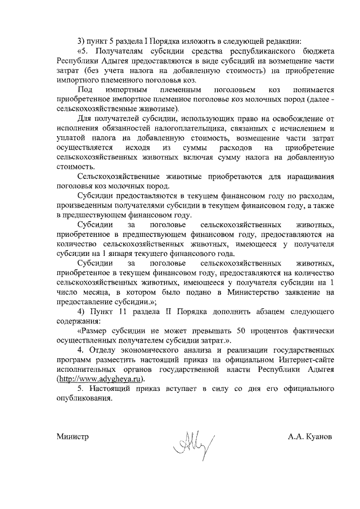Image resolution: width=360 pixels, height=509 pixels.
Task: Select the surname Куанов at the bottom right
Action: coord(322,436)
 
